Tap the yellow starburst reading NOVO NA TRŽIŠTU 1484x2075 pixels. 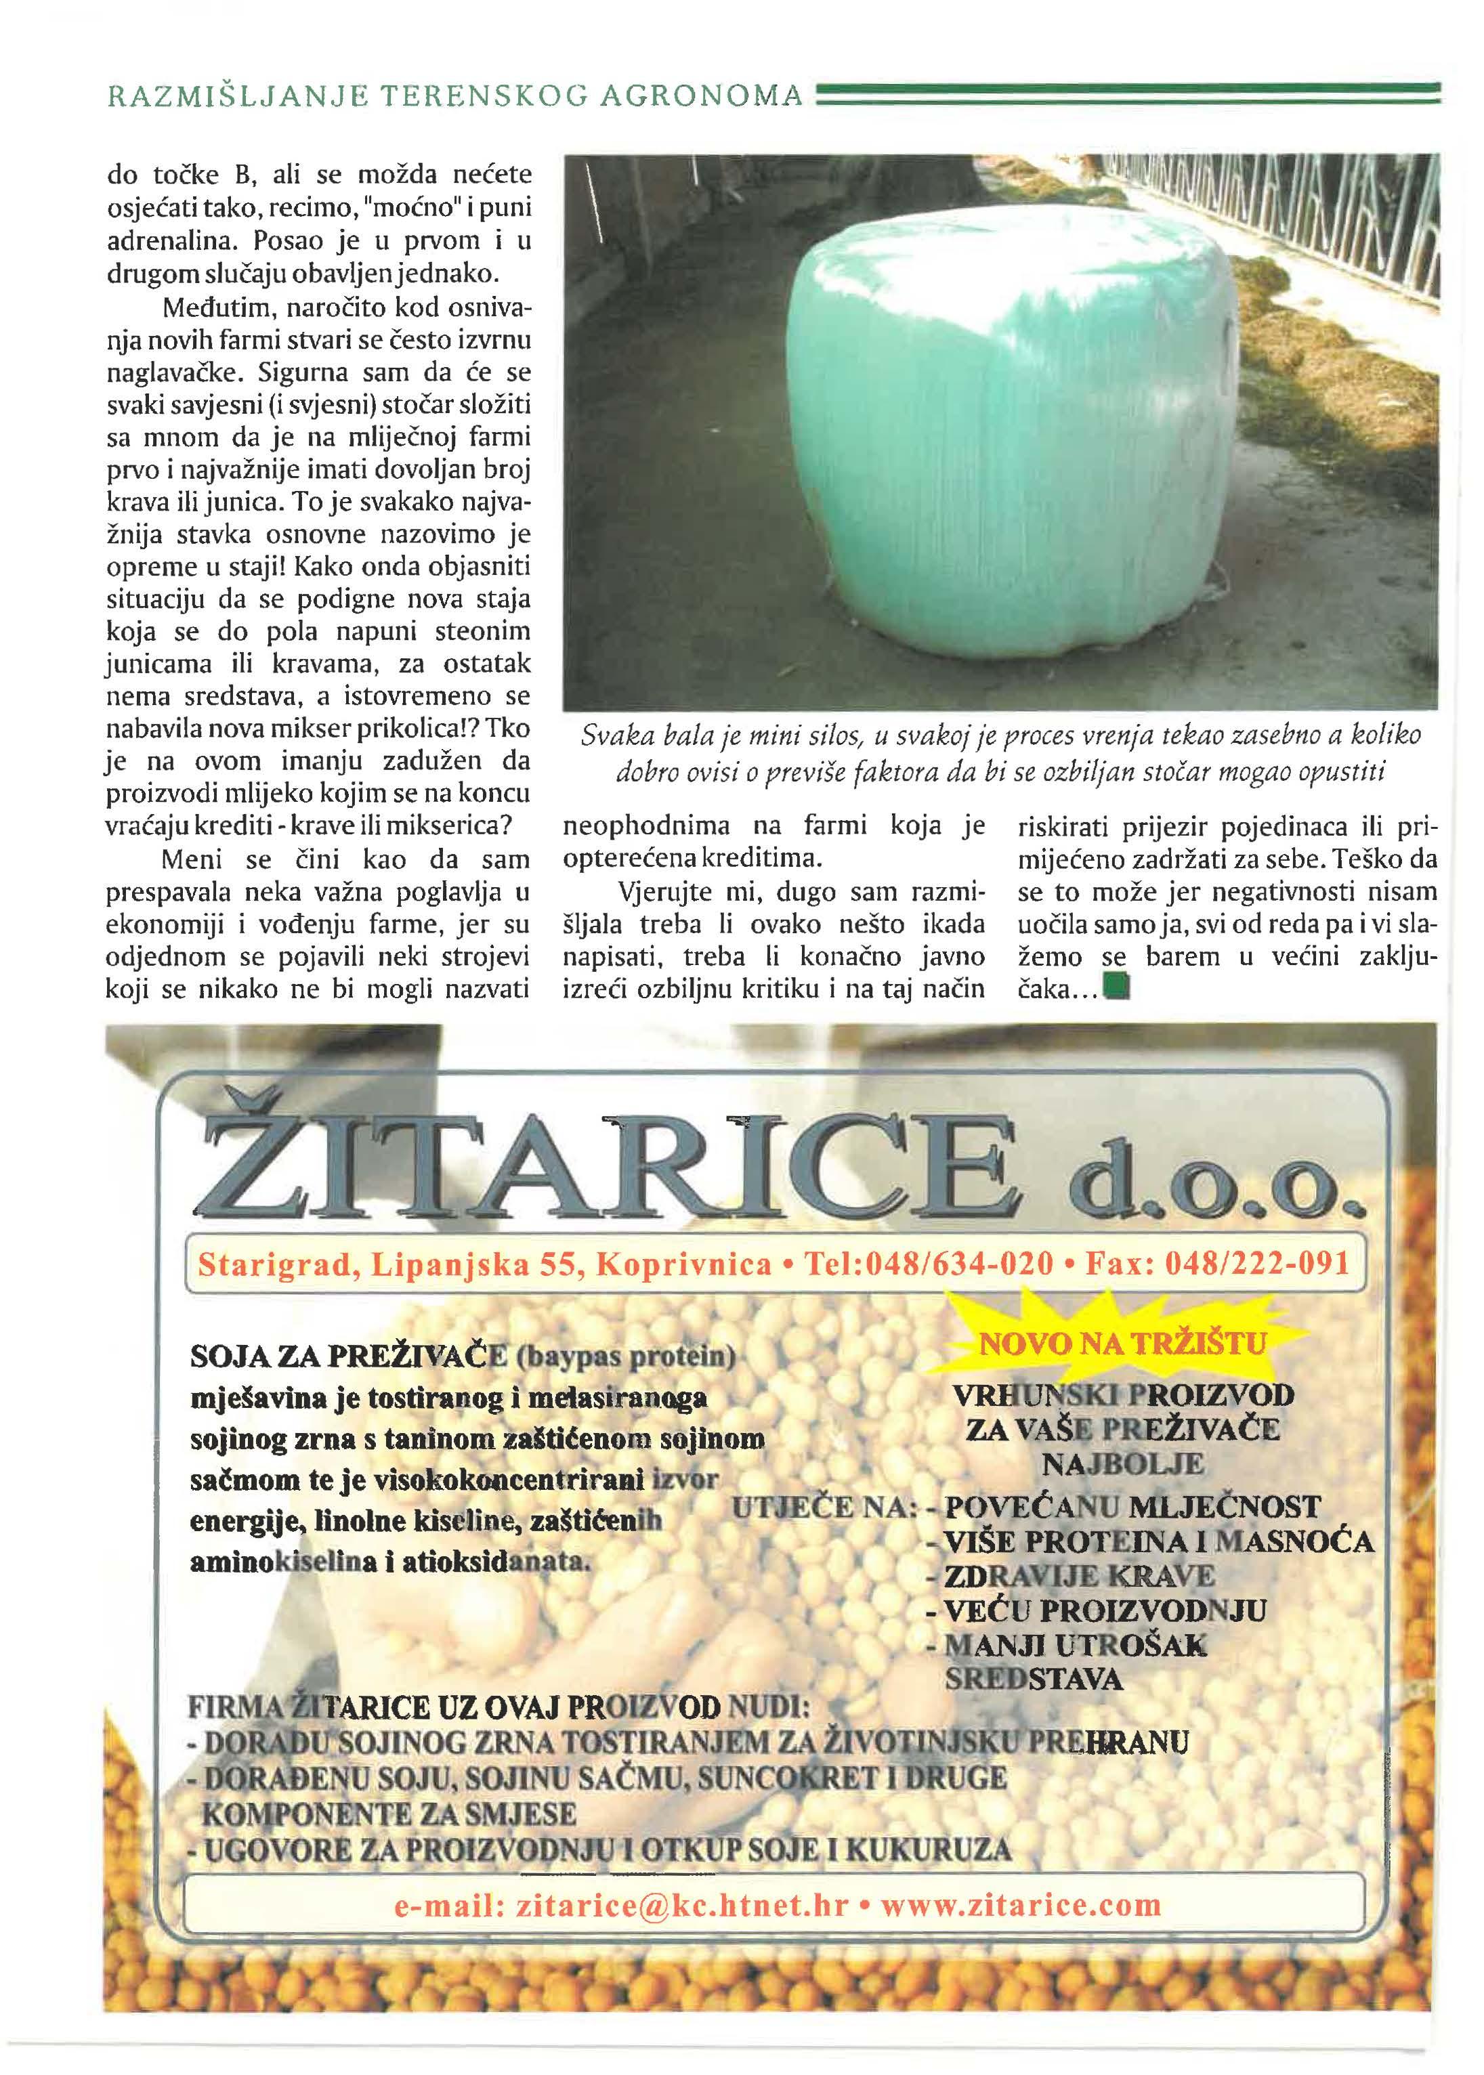1122,1343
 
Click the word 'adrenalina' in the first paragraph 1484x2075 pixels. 175,241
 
